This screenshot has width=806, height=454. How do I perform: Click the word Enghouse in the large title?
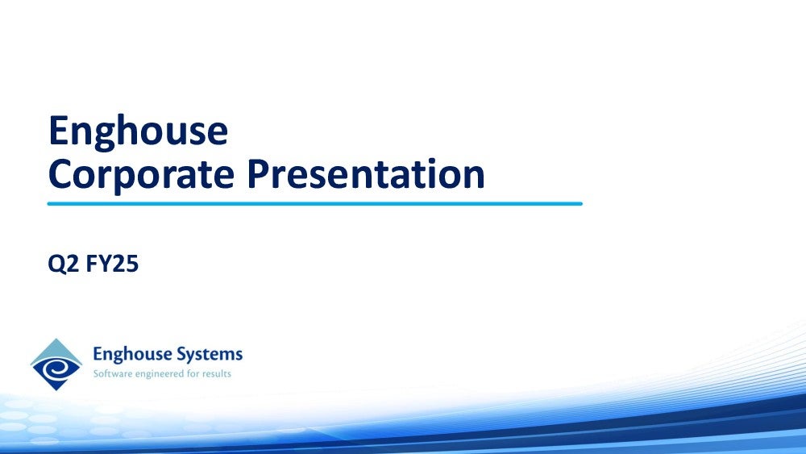pos(139,132)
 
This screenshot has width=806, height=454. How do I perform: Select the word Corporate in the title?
pos(141,174)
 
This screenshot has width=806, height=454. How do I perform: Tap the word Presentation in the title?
pos(366,174)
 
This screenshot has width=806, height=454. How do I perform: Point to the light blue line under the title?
pos(314,203)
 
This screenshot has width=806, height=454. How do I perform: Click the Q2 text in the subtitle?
pos(64,264)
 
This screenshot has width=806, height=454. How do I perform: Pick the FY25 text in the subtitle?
pos(112,263)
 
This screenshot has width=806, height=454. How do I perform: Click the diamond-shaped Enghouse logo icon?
pos(56,364)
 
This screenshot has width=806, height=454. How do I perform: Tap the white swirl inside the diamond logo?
pos(56,369)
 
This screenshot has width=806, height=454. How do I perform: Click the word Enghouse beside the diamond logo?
pos(132,355)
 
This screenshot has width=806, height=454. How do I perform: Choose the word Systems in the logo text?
pos(210,355)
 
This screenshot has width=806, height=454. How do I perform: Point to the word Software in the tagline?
pos(112,374)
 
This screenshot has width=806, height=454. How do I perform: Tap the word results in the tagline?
pos(216,374)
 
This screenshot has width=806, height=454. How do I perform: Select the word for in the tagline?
pos(193,374)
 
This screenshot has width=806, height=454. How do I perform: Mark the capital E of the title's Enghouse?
pos(58,131)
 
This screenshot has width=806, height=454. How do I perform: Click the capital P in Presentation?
pos(257,174)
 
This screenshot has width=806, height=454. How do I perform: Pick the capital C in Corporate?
pos(59,174)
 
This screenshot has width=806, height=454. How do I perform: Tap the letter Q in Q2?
pos(56,264)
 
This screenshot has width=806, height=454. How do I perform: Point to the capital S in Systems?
pos(181,354)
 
